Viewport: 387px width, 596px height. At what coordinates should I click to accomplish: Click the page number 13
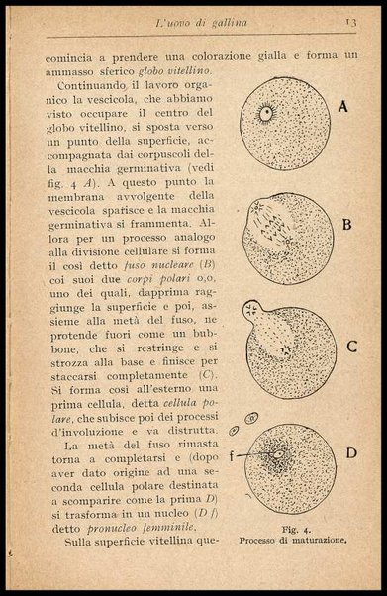click(350, 23)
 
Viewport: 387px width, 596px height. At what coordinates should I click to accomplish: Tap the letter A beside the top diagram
click(342, 107)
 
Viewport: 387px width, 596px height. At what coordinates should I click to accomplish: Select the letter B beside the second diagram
click(346, 225)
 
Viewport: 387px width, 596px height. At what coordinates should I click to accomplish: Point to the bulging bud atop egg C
click(254, 309)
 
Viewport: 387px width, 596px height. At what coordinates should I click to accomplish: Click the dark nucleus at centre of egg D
click(280, 457)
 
